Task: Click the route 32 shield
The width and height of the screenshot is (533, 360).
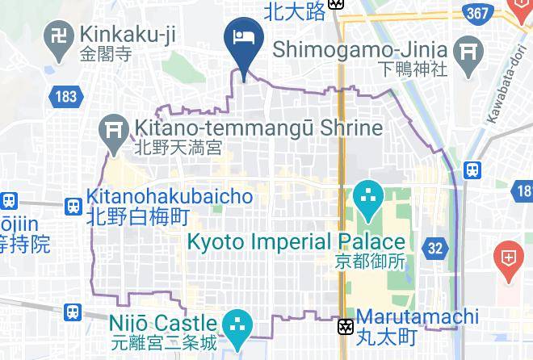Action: click(436, 249)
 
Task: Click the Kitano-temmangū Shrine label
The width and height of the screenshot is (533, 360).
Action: click(258, 128)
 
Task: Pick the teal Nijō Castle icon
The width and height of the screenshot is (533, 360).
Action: click(238, 326)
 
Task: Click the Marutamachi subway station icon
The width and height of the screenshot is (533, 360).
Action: click(346, 327)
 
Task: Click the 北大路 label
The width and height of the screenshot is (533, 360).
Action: click(295, 10)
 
